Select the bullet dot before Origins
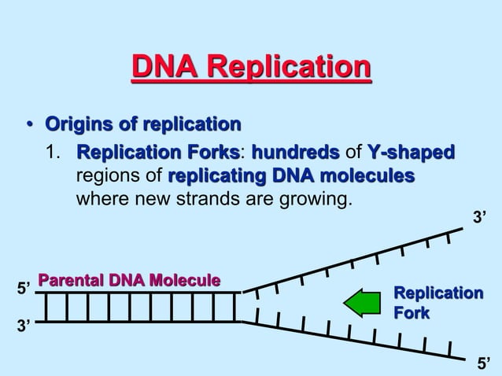coord(29,125)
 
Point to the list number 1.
coord(54,151)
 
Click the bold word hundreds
coord(296,151)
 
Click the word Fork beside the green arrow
coord(412,313)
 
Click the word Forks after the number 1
coord(213,151)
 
